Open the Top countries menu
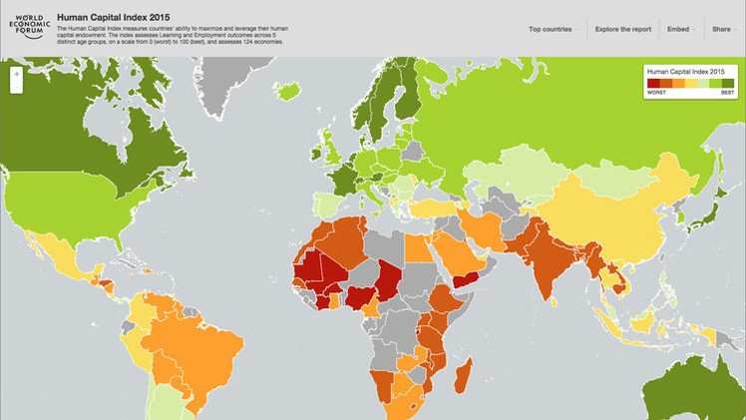tap(552, 30)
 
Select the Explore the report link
tap(622, 30)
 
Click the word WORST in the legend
tap(656, 93)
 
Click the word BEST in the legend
tap(727, 93)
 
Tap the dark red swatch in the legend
tap(653, 83)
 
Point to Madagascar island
tap(464, 377)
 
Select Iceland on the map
tap(288, 90)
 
